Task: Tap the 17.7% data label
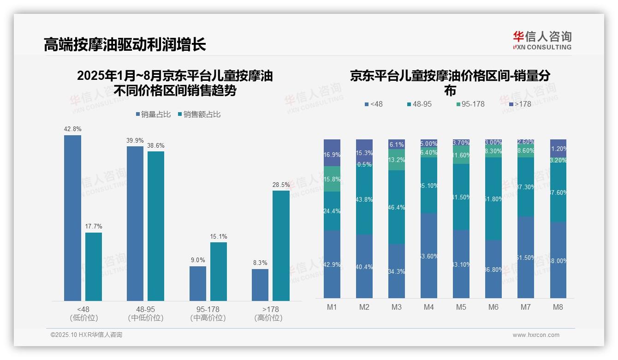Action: (94, 227)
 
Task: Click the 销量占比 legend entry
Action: (154, 114)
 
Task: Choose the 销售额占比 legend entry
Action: (199, 114)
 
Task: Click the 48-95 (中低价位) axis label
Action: (146, 313)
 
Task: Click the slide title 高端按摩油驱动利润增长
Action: (125, 44)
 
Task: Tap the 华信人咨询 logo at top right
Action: (542, 40)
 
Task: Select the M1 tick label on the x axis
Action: (332, 307)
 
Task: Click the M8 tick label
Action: (558, 307)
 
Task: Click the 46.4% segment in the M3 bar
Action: (397, 207)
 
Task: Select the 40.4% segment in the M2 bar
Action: (364, 266)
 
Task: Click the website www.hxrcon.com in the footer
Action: (536, 335)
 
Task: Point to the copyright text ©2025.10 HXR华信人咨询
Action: (86, 335)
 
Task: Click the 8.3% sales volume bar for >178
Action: (260, 285)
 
